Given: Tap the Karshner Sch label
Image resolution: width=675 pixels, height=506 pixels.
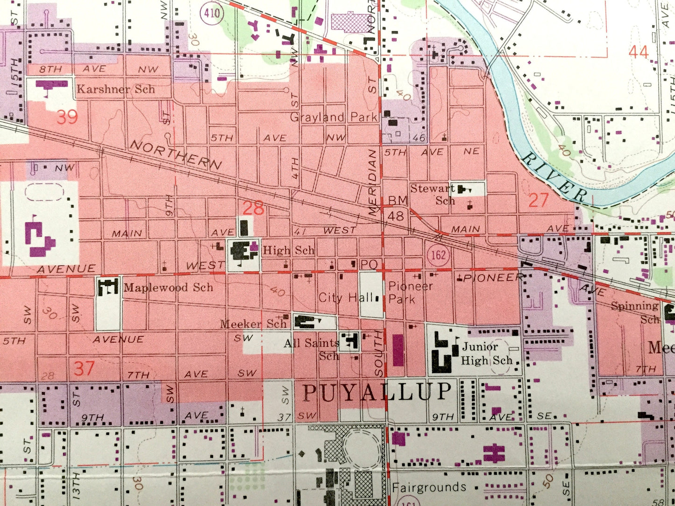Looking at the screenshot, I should pos(115,89).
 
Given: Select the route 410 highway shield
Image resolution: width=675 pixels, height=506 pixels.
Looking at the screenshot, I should pos(212,13).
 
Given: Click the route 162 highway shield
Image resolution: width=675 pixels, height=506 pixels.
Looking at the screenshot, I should pos(438,255).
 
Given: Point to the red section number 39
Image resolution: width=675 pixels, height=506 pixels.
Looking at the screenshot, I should pos(67,117).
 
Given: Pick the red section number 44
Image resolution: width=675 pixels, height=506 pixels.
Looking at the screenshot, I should pos(638,52).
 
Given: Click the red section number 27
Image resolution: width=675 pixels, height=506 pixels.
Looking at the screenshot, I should pos(538,201).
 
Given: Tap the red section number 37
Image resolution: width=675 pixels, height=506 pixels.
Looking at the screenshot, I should pos(84,368).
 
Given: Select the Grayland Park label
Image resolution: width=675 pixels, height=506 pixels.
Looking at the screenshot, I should pos(334,117).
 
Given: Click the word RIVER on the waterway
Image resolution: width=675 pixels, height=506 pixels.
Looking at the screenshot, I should pos(554,179).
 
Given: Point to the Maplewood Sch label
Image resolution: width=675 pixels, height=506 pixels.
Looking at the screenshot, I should pos(168,287).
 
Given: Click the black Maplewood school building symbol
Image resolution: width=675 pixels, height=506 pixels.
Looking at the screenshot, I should pos(108,287).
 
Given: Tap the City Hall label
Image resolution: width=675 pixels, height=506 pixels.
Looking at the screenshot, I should pos(346,297).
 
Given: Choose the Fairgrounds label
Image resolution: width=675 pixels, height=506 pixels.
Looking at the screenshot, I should pos(429,487).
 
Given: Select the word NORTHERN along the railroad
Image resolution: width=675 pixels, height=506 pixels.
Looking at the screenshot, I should pos(176,155).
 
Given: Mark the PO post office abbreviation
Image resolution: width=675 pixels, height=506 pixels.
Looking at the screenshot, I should pos(369,265).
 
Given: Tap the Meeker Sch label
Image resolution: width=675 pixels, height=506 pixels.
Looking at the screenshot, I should pos(253,323).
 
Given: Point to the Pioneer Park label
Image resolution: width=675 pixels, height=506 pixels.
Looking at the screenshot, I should pos(410,292).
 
